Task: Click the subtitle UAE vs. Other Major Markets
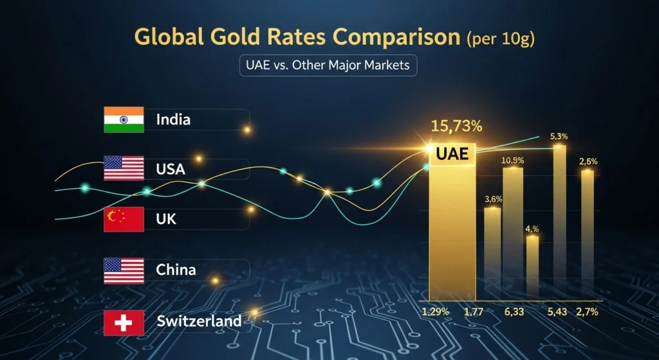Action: (328, 66)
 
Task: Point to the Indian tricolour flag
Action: (124, 120)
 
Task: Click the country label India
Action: (173, 119)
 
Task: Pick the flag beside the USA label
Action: (124, 168)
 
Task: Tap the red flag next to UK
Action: (124, 219)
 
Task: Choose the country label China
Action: (176, 269)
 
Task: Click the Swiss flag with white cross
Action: (124, 321)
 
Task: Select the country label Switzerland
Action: (199, 321)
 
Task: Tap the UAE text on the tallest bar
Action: (452, 155)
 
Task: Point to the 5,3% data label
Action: (559, 137)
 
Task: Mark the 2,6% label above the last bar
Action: (588, 161)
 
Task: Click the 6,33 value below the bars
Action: (514, 312)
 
